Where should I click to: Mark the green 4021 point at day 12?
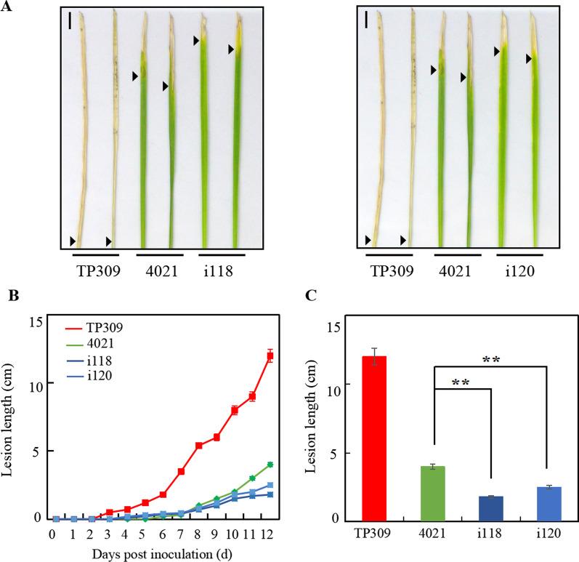tap(270, 465)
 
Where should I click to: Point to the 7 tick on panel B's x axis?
tap(180, 533)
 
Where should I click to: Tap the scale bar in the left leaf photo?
tap(70, 22)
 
